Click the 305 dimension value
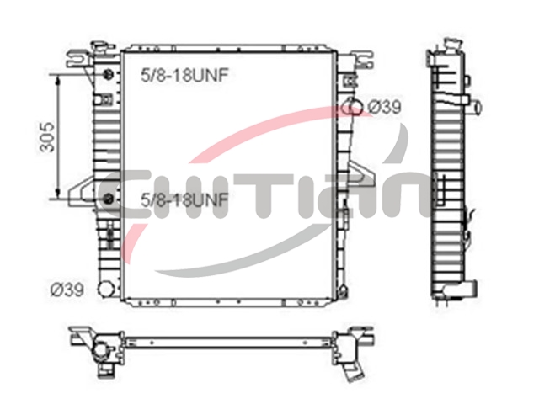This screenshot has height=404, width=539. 46,136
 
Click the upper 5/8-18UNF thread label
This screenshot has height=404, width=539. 184,75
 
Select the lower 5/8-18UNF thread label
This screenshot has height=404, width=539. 184,199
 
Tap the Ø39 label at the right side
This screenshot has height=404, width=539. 384,107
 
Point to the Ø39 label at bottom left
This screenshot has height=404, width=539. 67,290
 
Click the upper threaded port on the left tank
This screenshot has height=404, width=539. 108,74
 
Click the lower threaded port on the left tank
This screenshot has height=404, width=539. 108,199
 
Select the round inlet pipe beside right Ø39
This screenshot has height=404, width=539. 352,107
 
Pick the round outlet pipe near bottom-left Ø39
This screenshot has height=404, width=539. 106,290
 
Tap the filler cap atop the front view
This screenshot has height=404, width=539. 103,47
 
